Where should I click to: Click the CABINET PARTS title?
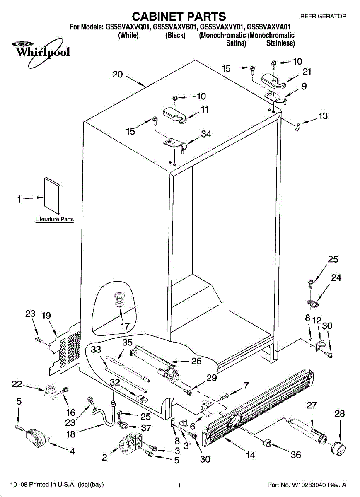pos(179,17)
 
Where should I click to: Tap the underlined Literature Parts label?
pos(54,219)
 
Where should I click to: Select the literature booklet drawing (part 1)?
pos(52,194)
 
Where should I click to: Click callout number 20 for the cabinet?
pos(118,75)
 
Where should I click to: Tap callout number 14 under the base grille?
pos(250,455)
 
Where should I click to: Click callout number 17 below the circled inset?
pos(125,326)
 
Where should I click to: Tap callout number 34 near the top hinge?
pos(206,134)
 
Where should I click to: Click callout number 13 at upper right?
pos(323,116)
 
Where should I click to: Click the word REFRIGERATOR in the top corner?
pos(323,17)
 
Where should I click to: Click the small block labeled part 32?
pos(143,399)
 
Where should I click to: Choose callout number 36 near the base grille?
pos(295,455)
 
